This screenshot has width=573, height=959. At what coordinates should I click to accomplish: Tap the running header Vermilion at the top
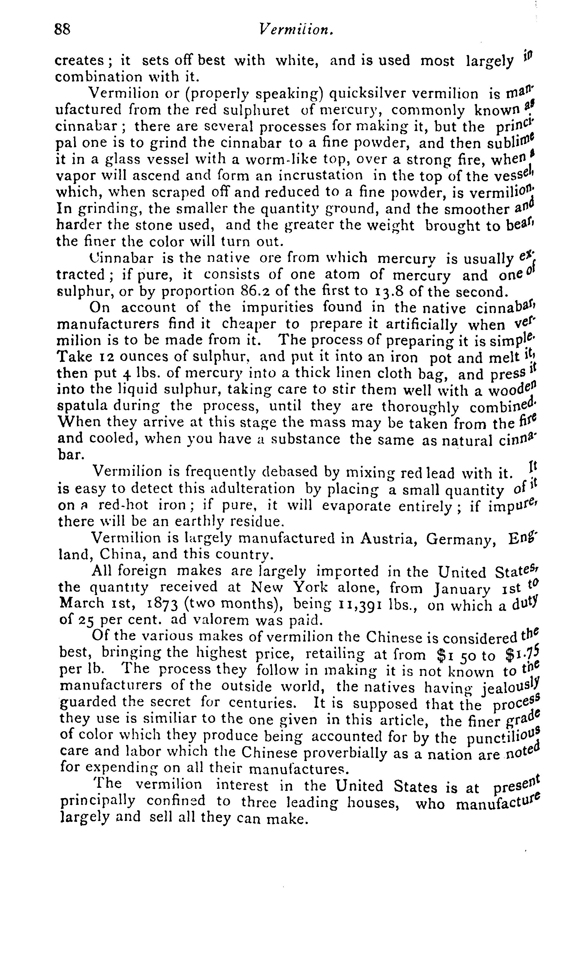[296, 29]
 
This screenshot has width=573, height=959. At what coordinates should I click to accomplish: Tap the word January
[462, 589]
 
